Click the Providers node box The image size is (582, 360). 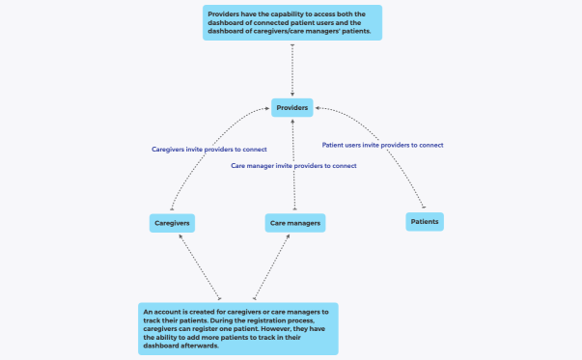(291, 108)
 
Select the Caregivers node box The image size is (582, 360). (172, 223)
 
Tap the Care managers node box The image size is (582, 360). (293, 223)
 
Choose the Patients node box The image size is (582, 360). (425, 221)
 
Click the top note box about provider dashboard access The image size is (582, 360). (291, 22)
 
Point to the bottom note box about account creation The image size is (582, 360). (237, 328)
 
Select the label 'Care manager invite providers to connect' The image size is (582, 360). (293, 166)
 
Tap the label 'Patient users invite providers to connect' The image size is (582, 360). (382, 145)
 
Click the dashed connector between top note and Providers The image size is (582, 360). (291, 69)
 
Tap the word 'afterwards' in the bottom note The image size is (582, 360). (201, 345)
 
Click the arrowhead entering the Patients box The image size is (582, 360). (424, 208)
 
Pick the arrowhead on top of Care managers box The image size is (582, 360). (293, 210)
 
